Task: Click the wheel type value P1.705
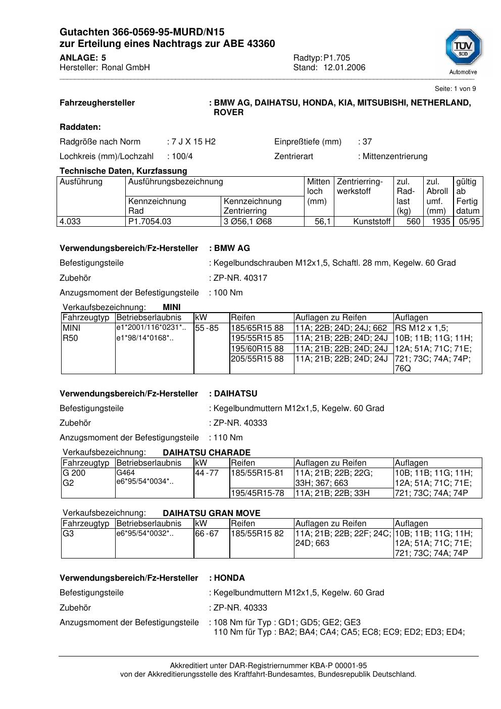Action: tap(337, 58)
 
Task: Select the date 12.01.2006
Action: tap(344, 68)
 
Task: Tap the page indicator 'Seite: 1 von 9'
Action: tap(455, 89)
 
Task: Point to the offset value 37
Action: tap(367, 142)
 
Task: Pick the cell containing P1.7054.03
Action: tap(150, 222)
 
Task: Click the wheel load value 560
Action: tap(413, 222)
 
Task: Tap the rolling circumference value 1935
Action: tap(440, 222)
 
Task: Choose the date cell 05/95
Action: tap(469, 222)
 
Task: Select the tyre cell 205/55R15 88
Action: tap(258, 359)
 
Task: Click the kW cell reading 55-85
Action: tap(207, 328)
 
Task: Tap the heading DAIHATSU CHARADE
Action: tap(207, 452)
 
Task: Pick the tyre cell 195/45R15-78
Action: tap(258, 493)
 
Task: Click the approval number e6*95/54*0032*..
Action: tap(145, 533)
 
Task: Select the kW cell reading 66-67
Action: tap(207, 534)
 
